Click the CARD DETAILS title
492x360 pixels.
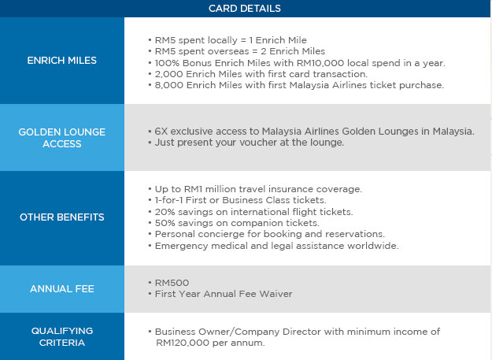[245, 8]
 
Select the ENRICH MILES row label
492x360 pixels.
[62, 60]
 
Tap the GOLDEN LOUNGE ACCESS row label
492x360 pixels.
[62, 138]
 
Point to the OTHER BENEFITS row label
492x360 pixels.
[62, 217]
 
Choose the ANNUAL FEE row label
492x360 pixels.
[62, 289]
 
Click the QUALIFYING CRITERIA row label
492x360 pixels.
[62, 336]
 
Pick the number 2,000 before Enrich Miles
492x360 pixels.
[168, 74]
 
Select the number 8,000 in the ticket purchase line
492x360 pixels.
[168, 85]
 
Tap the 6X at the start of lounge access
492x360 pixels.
[161, 132]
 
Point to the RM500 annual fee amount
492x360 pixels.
[172, 283]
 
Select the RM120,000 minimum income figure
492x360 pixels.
[183, 343]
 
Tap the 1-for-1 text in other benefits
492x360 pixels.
[168, 200]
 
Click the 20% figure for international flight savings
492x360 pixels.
[165, 212]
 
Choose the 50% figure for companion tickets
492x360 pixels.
[165, 223]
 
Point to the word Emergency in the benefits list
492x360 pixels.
[181, 246]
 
